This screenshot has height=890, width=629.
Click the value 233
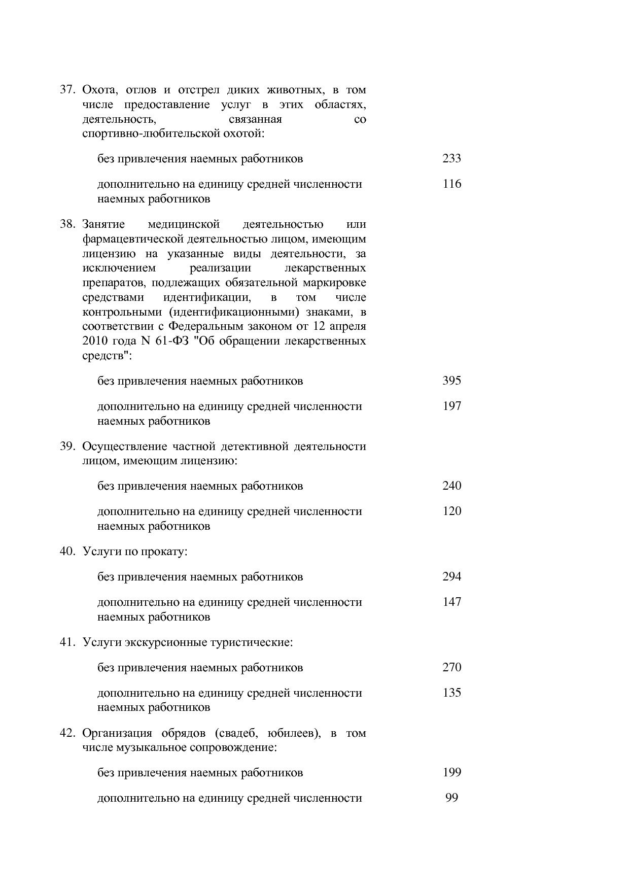pos(451,158)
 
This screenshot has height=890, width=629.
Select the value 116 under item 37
pos(451,184)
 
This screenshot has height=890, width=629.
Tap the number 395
pos(451,381)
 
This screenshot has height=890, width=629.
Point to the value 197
pos(451,406)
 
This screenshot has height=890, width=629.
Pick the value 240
pos(451,486)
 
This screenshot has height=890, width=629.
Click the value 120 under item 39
pos(451,511)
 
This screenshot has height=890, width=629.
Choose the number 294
pos(451,576)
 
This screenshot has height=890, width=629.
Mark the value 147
pos(451,602)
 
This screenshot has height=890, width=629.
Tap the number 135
pos(451,693)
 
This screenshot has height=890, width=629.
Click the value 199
pos(451,772)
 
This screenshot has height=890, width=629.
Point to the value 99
pos(451,798)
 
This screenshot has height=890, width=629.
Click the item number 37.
pos(67,90)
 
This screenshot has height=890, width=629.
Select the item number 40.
pos(67,551)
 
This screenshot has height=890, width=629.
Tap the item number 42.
pos(67,733)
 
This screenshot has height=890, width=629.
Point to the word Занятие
pos(103,224)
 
